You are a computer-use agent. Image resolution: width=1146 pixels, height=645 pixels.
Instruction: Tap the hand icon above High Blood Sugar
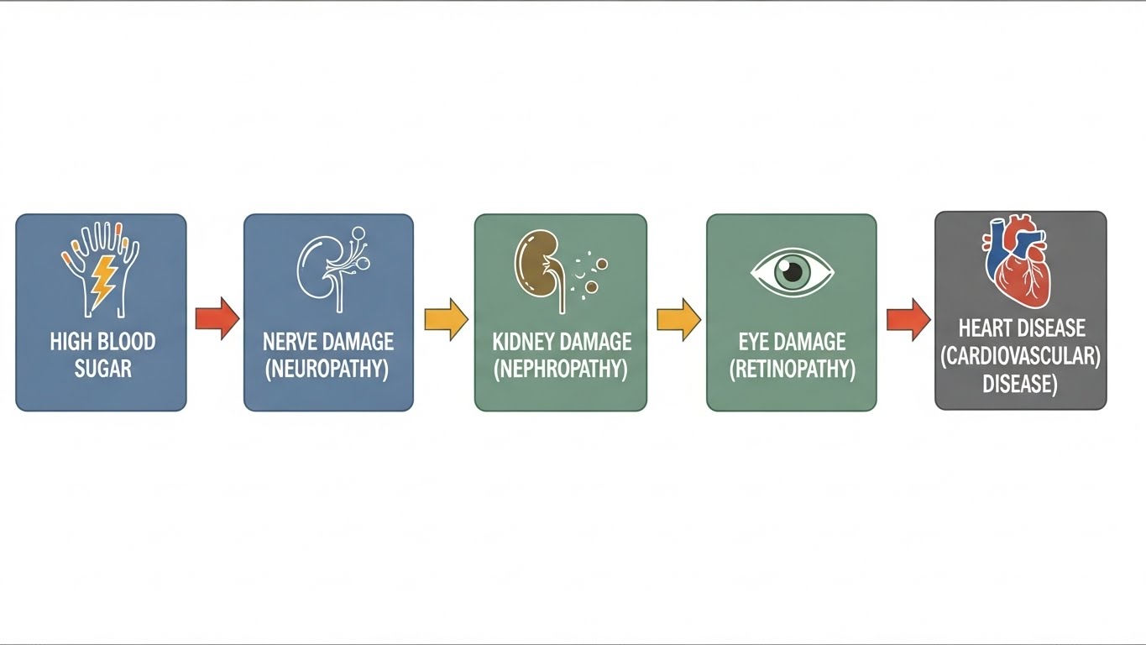point(100,260)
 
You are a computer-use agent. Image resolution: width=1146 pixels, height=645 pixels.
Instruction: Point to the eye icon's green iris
point(791,271)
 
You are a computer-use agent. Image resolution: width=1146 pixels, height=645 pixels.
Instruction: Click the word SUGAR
point(102,368)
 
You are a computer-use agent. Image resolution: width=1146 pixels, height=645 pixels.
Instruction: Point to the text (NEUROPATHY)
point(328,369)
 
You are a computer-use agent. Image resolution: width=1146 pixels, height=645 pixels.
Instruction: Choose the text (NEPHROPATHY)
point(561,369)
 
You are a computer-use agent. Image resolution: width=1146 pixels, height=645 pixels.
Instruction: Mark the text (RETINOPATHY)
point(792,369)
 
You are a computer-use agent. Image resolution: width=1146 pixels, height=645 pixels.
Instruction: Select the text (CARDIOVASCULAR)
point(1021,355)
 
